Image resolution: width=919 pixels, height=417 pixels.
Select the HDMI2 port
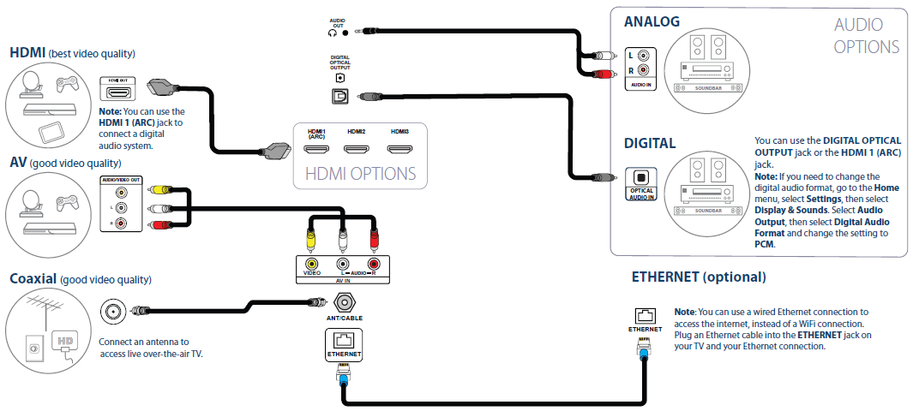(357, 149)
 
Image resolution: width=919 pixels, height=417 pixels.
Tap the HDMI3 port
(399, 149)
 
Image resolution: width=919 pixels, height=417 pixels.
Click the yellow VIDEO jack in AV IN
(311, 265)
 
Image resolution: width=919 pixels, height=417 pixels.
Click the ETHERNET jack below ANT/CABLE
(344, 341)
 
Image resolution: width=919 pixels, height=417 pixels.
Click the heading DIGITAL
(650, 143)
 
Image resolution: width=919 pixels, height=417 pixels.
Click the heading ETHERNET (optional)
(699, 277)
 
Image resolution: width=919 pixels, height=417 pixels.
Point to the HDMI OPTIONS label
(360, 174)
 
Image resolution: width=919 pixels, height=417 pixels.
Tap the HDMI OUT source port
(119, 92)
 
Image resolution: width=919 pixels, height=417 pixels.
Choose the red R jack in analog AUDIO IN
(643, 70)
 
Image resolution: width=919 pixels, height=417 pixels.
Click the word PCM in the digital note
(765, 244)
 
